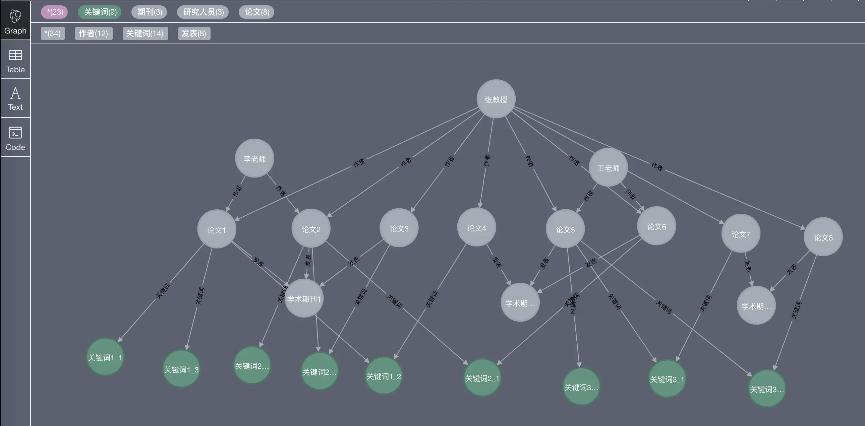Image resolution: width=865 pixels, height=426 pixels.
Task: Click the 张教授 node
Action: coord(496,99)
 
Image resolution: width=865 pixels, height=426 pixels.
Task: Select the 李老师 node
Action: coord(254,158)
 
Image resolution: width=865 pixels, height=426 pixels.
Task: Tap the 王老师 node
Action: coord(608,167)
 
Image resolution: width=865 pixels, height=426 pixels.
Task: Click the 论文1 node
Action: coord(217,229)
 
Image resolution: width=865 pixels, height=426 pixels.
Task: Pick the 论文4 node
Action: coord(476,227)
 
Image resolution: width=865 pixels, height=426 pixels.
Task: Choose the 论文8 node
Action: coord(823,237)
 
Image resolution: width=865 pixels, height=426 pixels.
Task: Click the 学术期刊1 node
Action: coord(304,298)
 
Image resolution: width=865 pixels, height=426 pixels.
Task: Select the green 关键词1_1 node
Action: coord(105,357)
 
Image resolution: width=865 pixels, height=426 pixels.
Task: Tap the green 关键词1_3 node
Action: coord(181,369)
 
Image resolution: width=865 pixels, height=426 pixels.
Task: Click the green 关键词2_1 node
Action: coord(482,378)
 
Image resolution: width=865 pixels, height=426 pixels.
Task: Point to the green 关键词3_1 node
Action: coord(667,379)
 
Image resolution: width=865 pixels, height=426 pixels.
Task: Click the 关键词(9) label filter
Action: coord(100,12)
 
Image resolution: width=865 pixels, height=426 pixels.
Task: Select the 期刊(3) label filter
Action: coord(150,12)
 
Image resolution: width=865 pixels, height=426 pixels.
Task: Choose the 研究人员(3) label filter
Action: coord(203,12)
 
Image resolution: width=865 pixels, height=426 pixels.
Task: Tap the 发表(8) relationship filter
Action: coord(194,33)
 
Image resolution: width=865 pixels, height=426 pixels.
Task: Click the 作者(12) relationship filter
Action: coord(93,33)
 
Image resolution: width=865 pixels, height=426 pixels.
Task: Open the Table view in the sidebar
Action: coord(15,61)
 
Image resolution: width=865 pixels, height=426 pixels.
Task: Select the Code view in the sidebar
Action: coord(15,138)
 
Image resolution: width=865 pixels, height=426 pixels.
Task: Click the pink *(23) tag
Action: coord(54,12)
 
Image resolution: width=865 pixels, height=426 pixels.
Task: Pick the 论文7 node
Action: coord(740,234)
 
